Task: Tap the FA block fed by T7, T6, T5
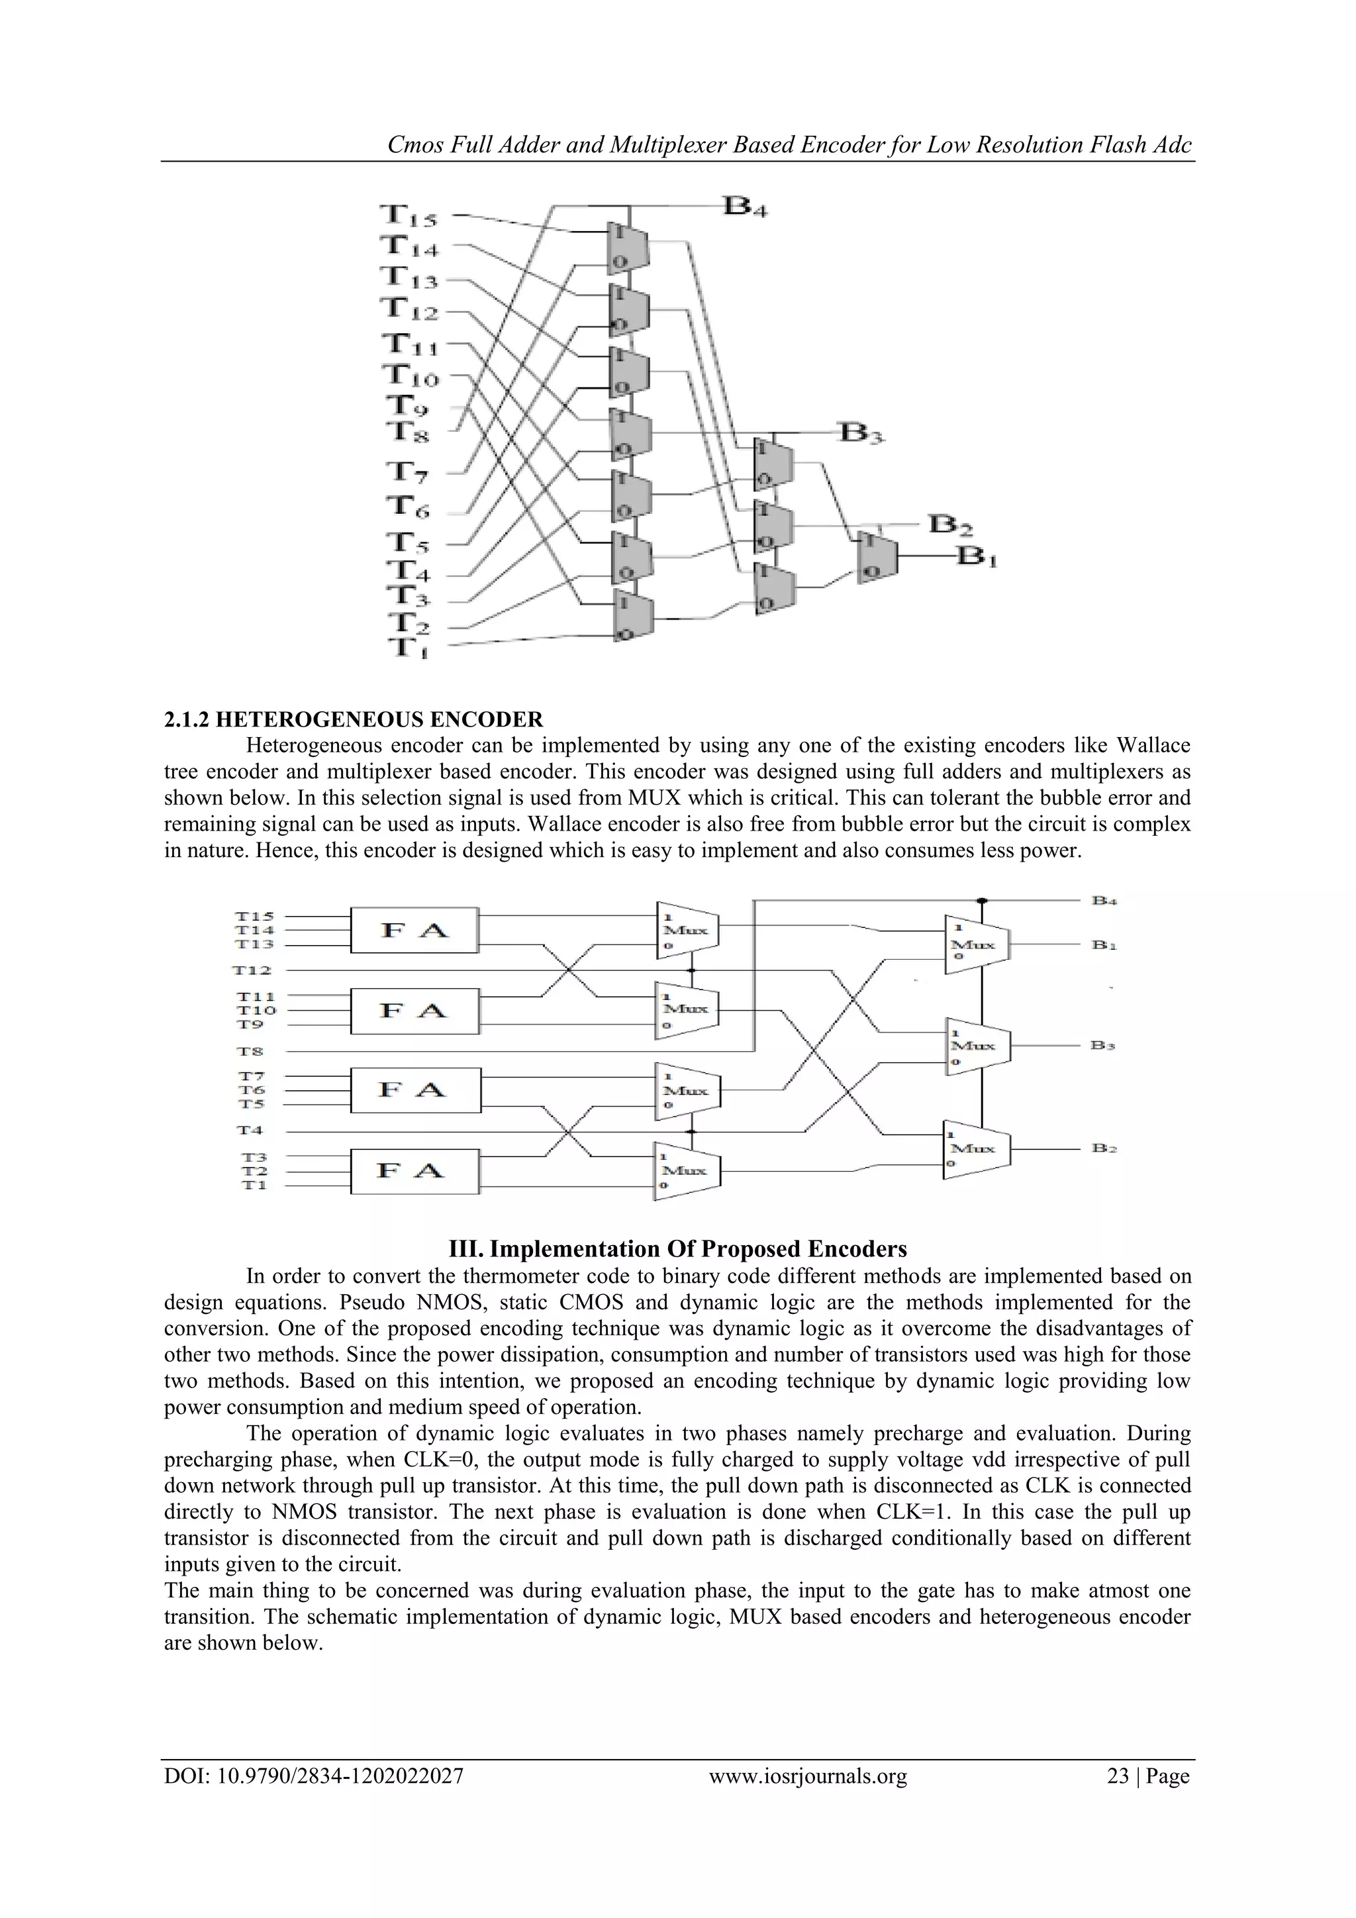tap(415, 1089)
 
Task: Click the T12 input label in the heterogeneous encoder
tap(253, 970)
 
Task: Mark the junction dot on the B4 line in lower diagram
tap(982, 901)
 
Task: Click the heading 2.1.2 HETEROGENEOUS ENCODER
tap(353, 719)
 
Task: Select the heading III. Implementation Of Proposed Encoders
tap(677, 1249)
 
